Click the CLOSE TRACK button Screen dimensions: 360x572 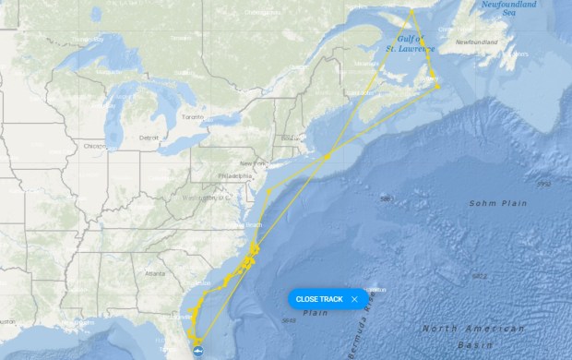[x=318, y=299]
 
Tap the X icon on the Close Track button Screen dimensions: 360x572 [x=354, y=299]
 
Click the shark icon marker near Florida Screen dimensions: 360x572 [x=197, y=347]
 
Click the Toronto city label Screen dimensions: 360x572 [x=192, y=117]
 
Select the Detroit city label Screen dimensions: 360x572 [x=149, y=137]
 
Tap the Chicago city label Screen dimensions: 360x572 [x=93, y=146]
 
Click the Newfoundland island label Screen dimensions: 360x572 [x=477, y=42]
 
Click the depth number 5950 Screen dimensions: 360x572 [x=543, y=185]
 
